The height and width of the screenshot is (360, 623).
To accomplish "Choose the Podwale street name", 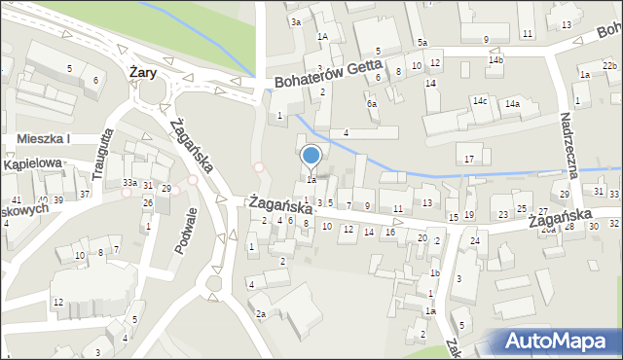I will (186, 232).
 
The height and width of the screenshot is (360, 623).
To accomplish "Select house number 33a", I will (129, 183).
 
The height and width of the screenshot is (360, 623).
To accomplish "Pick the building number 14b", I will (496, 60).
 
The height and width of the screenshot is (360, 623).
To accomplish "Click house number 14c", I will (480, 100).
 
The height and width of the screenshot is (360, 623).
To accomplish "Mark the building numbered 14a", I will (511, 104).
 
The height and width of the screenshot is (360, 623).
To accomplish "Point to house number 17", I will (469, 159).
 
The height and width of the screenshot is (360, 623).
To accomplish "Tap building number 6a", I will (371, 103).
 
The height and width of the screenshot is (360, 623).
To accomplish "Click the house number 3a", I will (296, 21).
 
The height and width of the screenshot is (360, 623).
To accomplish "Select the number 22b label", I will (608, 65).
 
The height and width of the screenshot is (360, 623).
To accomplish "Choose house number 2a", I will (261, 314).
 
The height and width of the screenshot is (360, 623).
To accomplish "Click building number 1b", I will (435, 274).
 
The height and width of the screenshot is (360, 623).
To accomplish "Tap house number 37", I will (85, 195).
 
